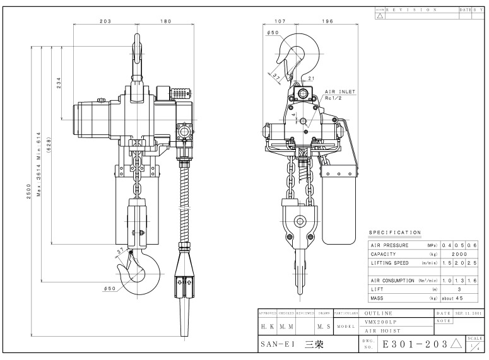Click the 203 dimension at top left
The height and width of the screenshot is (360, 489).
coord(106,20)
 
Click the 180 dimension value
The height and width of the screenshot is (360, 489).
coord(165,20)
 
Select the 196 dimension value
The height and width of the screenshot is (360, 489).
coord(327,20)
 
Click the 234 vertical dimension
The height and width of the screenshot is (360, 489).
coord(59,83)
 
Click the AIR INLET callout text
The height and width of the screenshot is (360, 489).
coord(340,92)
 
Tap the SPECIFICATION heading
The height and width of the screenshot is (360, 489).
coord(394,233)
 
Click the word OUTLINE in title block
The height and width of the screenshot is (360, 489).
coord(379,313)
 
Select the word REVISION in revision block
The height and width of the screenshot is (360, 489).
coord(411,10)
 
